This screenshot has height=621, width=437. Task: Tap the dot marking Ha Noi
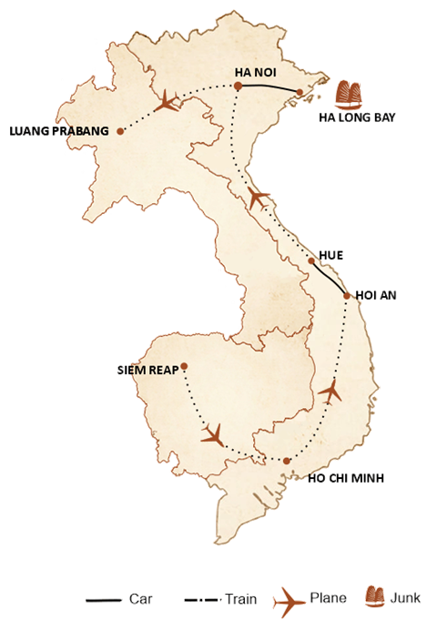(x=237, y=87)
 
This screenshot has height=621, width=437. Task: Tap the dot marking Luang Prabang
(x=119, y=131)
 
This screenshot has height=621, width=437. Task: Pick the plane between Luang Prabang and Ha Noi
(x=169, y=101)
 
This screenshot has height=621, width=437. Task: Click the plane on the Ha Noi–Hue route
(x=257, y=197)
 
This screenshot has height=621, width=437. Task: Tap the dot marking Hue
(x=311, y=261)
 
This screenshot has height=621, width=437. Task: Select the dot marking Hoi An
(x=346, y=295)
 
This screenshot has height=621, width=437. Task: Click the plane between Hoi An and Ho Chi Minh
(x=330, y=392)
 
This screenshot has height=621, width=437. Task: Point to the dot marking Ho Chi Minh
(x=287, y=462)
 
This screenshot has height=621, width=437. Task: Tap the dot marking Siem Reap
(x=184, y=368)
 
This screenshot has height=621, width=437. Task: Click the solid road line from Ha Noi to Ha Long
(x=269, y=87)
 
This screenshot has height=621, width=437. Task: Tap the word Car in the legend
(x=139, y=601)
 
